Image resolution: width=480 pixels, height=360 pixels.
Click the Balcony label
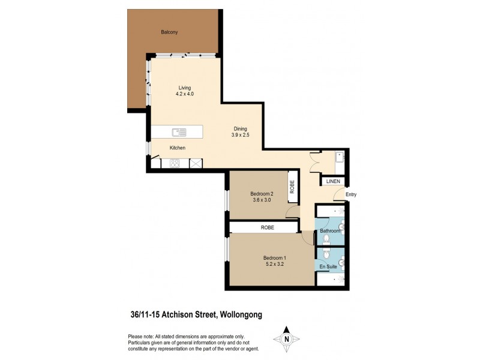pos(169,32)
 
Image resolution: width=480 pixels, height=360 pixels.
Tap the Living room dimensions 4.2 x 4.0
pos(184,94)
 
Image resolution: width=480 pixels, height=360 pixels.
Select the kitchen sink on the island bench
pos(179,131)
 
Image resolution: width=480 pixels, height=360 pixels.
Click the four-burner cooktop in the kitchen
pos(175,163)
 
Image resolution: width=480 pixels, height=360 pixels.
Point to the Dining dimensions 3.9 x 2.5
pos(240,135)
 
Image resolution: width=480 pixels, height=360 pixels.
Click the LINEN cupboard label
pos(333,181)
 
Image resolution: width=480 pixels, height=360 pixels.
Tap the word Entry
pos(351,194)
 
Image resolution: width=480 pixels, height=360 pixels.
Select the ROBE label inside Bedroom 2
pos(291,186)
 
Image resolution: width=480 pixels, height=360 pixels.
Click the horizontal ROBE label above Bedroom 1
pos(267,227)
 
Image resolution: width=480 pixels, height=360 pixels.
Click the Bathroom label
pos(330,231)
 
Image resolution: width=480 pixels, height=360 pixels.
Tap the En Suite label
pos(328,265)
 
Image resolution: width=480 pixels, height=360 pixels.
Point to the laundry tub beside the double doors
pos(339,158)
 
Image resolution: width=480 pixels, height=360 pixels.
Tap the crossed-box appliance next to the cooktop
pos(195,163)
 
